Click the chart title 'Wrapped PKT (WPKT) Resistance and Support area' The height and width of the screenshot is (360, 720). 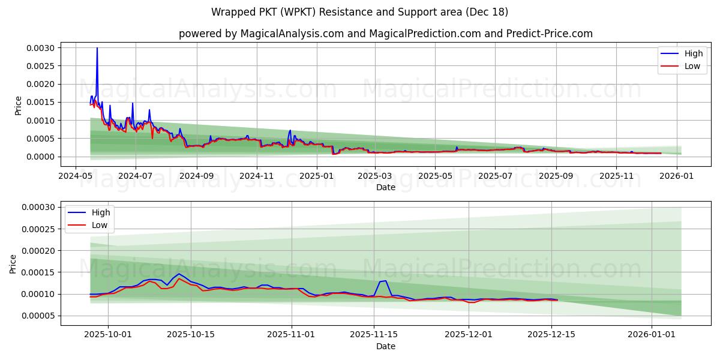(360, 12)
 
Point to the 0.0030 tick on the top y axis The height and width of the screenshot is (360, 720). (43, 48)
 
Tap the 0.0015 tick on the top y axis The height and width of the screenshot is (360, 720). (43, 103)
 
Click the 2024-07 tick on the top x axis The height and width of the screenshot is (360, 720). (135, 176)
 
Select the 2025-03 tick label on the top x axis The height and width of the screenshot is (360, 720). (375, 176)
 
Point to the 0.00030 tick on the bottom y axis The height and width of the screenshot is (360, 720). (40, 207)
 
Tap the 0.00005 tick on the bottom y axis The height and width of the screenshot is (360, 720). (40, 316)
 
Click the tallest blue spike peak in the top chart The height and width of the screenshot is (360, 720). (97, 48)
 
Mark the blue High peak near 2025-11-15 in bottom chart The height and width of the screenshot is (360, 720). (385, 280)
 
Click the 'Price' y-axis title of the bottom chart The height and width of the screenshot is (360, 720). (13, 263)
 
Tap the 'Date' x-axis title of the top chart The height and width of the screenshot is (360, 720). (385, 187)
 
